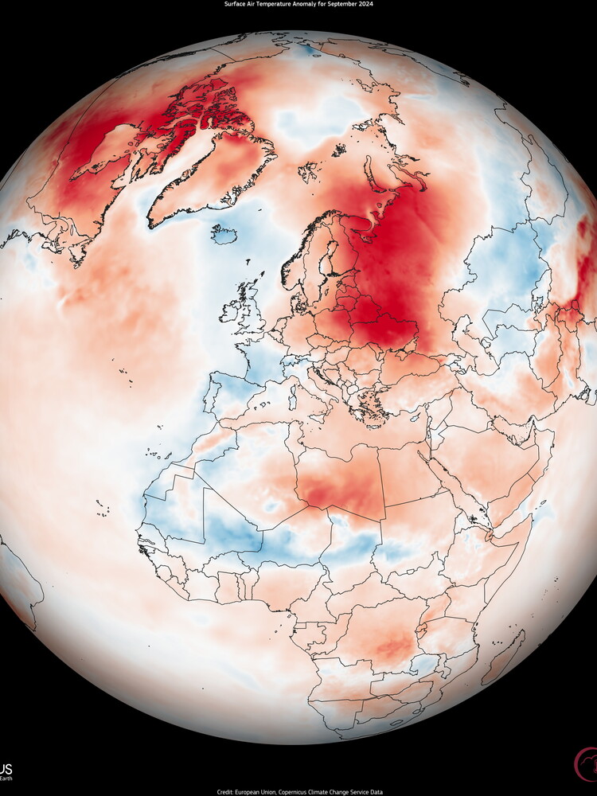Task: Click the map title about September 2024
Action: coord(298,4)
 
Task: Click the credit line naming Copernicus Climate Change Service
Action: coord(298,791)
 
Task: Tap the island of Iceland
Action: coord(224,234)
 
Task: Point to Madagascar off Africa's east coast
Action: coord(503,657)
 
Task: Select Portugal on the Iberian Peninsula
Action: coord(209,396)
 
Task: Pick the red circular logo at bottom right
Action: coord(587,764)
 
